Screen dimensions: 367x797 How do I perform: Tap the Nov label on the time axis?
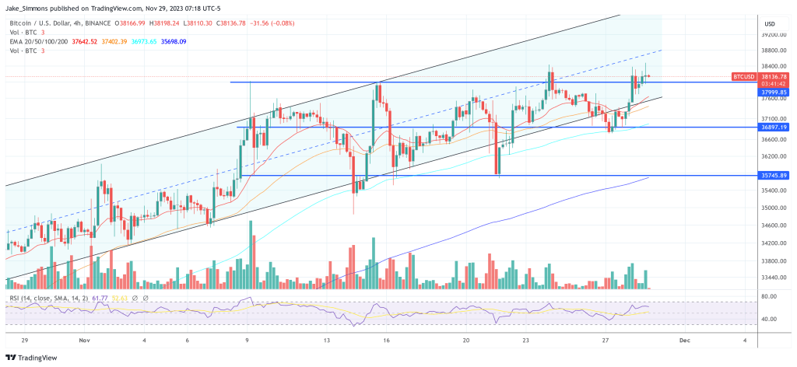tap(85, 340)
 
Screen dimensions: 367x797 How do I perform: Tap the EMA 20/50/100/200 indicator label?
tap(37, 41)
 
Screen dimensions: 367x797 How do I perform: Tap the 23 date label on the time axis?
tap(527, 340)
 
